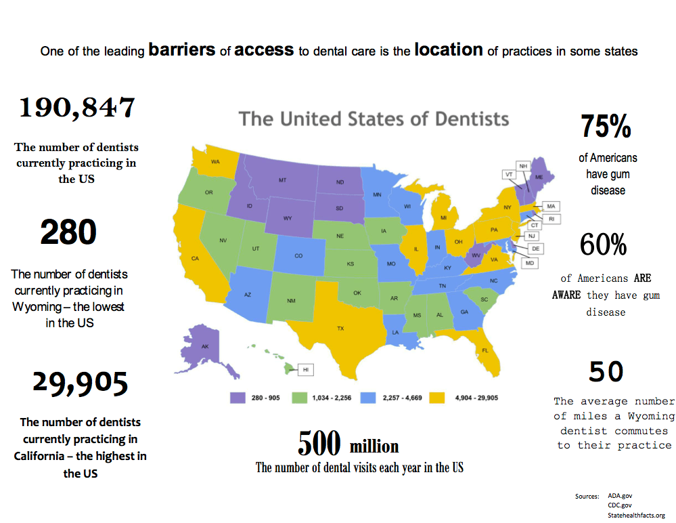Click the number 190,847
(76, 108)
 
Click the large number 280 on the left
(68, 232)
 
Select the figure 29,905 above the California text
(80, 383)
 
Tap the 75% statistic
(606, 127)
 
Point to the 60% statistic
(604, 245)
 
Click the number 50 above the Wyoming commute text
(606, 371)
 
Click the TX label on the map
(340, 329)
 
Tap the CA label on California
(195, 258)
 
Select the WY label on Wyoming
(288, 218)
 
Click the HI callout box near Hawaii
(305, 370)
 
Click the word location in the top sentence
(449, 49)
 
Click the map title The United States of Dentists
(374, 119)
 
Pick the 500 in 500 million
(319, 444)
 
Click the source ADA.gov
(620, 496)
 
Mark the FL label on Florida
(485, 350)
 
